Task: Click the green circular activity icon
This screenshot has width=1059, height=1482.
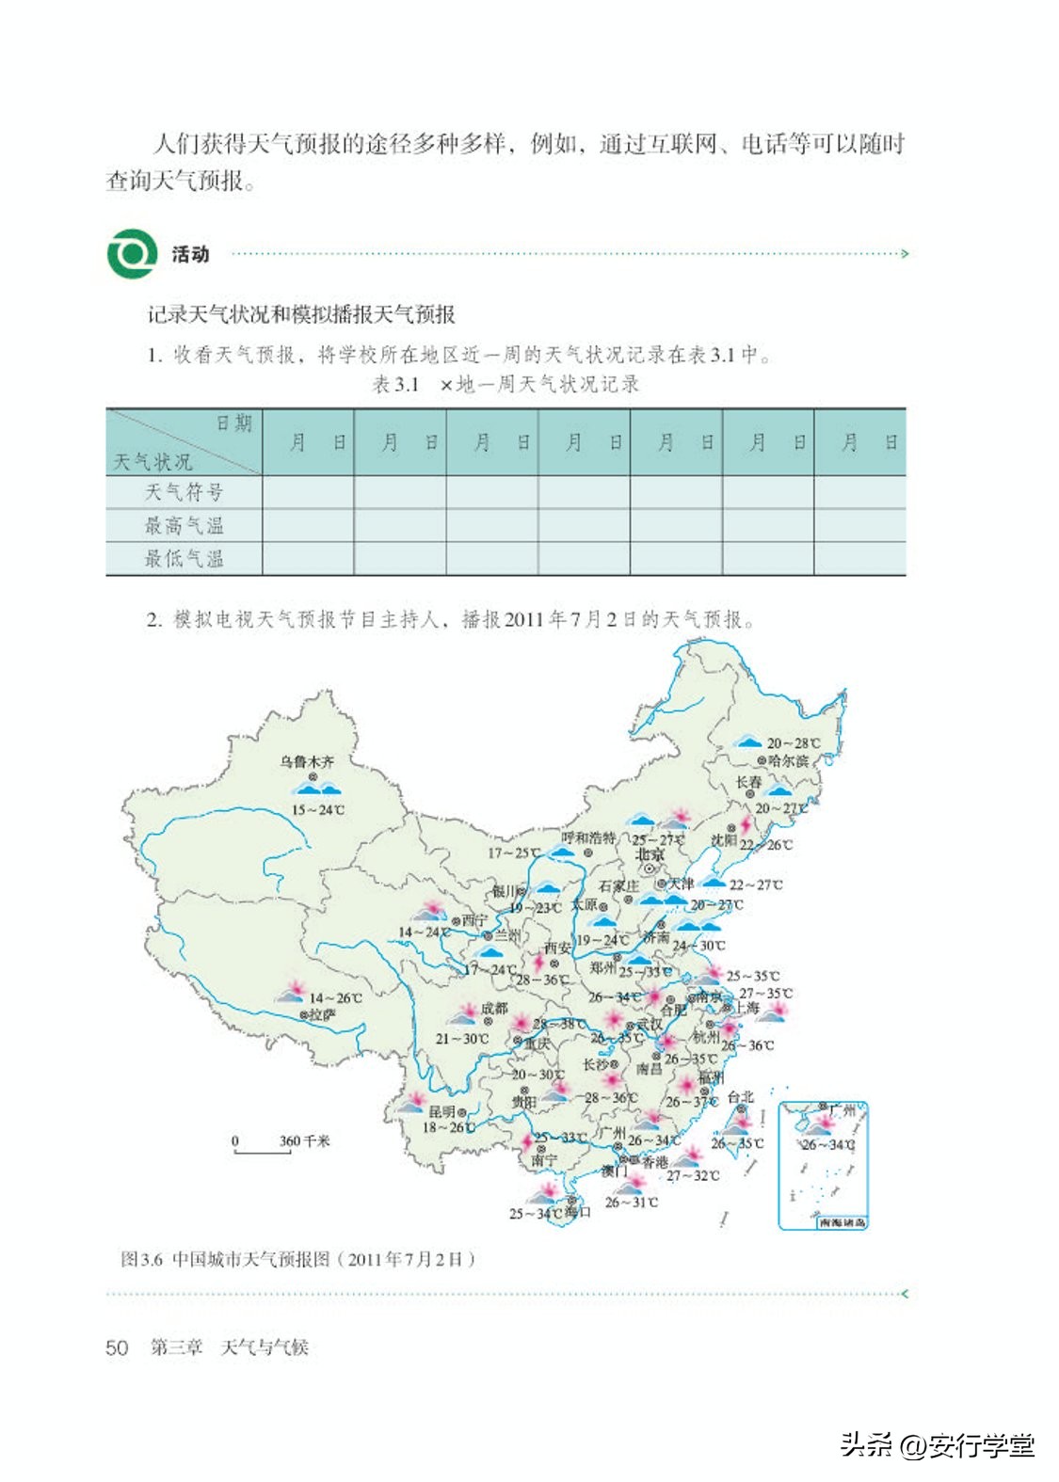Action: click(x=132, y=253)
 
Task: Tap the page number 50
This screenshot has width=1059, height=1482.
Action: click(x=117, y=1347)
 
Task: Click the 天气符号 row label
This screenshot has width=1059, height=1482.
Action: click(x=184, y=492)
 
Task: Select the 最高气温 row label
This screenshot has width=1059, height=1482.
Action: click(x=184, y=525)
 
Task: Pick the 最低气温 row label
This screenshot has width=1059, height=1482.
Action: click(x=184, y=558)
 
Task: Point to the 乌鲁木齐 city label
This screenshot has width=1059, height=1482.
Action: click(x=307, y=761)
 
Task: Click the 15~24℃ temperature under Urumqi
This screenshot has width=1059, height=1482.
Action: click(x=317, y=810)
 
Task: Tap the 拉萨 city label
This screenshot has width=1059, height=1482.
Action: click(x=323, y=1015)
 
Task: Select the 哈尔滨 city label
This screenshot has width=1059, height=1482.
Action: click(x=788, y=760)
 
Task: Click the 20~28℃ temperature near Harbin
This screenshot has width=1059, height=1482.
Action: click(x=793, y=743)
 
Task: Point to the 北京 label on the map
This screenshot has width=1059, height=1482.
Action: click(x=650, y=854)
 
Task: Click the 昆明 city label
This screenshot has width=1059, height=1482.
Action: click(x=441, y=1112)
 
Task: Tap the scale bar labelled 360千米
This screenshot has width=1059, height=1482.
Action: click(x=263, y=1147)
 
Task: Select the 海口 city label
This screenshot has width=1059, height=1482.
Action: click(x=577, y=1212)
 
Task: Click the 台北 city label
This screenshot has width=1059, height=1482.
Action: click(x=740, y=1097)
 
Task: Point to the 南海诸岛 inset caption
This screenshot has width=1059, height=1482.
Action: click(x=842, y=1222)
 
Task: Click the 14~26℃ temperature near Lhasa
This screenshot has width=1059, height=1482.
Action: click(x=335, y=998)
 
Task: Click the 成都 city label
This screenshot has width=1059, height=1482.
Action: click(x=494, y=1009)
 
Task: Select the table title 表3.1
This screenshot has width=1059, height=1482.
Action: click(x=395, y=384)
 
